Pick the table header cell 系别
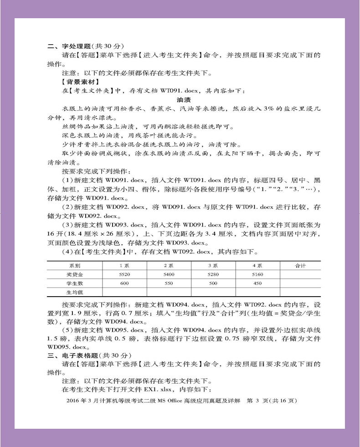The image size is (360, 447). coord(75,265)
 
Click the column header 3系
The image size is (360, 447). coord(213,265)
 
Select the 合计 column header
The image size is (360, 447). coord(300,265)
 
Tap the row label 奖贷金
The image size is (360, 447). coord(75,274)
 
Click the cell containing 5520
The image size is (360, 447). coord(124,274)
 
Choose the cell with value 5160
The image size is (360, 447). coord(257,274)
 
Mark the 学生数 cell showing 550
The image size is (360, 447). coord(169,283)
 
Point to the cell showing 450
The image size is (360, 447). coord(257,283)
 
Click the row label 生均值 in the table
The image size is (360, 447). coord(75,292)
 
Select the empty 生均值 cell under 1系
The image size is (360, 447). coord(124,292)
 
